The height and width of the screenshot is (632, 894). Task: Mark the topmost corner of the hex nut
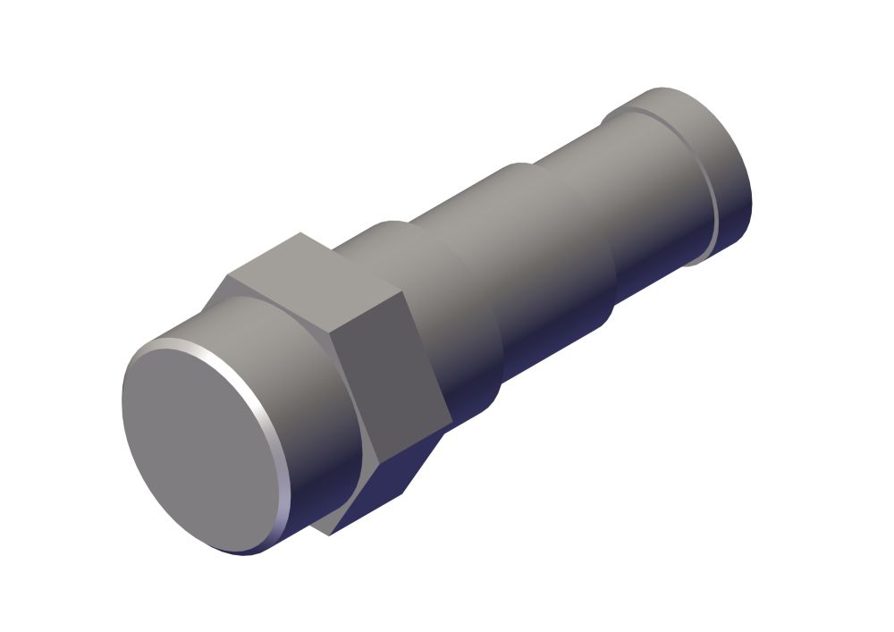pyautogui.click(x=300, y=233)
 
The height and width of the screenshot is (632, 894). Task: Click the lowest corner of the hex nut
pyautogui.click(x=329, y=535)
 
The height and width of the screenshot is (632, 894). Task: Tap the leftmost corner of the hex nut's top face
pyautogui.click(x=229, y=274)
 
